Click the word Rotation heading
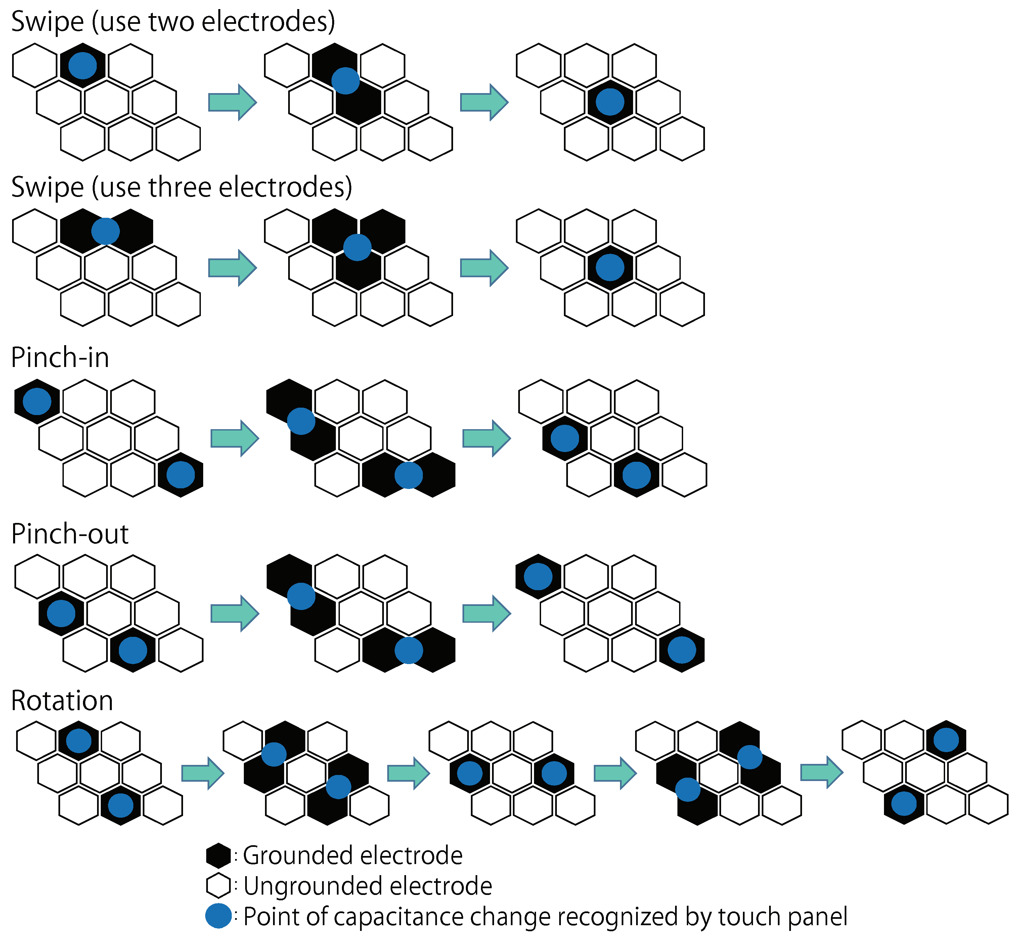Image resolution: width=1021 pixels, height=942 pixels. click(62, 701)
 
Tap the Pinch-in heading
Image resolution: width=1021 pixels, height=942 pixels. click(60, 358)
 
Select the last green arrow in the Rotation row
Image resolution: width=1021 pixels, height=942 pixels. click(821, 773)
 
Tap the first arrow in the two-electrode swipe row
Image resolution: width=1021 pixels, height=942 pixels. click(232, 103)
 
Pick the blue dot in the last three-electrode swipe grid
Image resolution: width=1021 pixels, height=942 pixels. click(610, 268)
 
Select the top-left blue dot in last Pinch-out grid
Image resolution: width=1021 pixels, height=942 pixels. click(538, 576)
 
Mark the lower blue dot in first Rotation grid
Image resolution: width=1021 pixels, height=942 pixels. click(121, 806)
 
